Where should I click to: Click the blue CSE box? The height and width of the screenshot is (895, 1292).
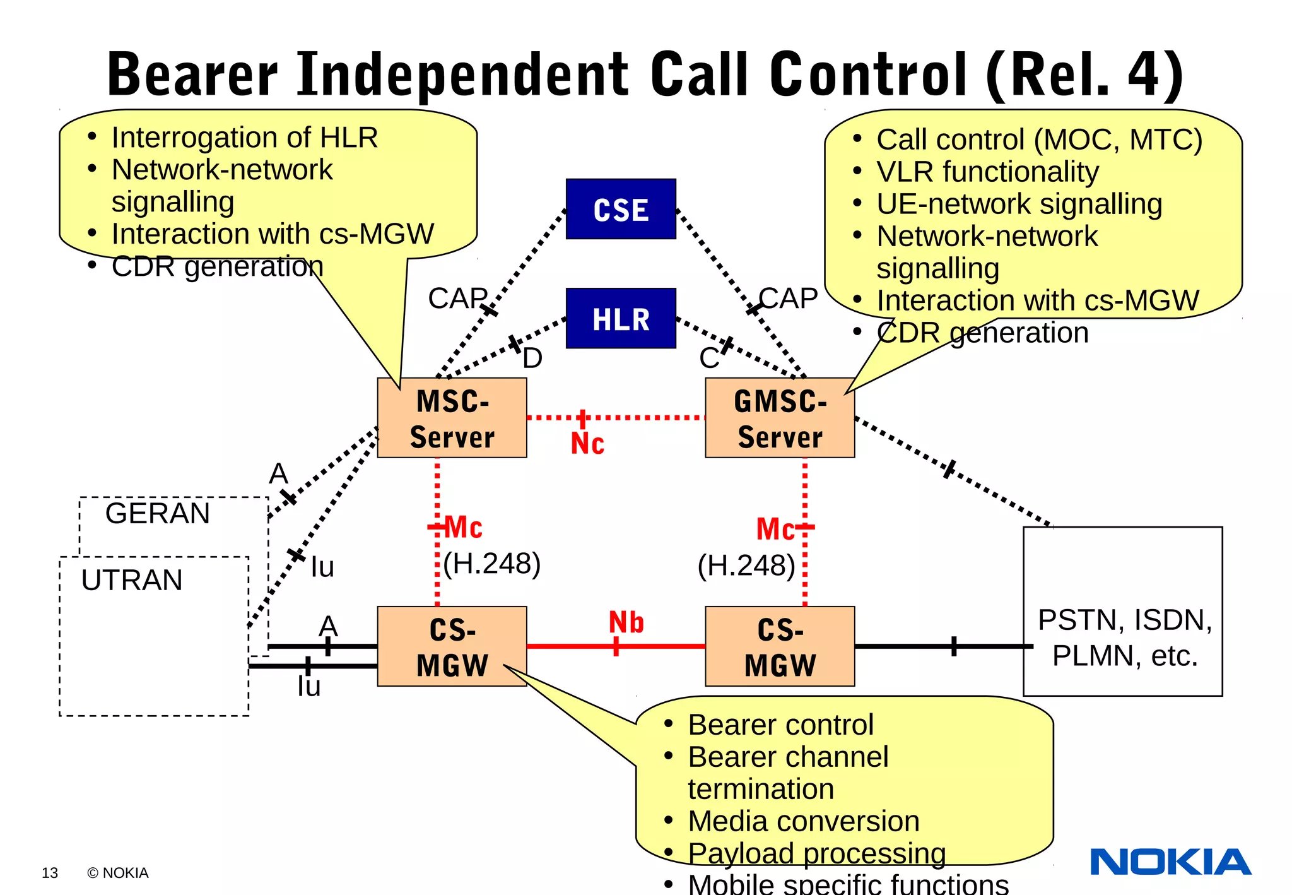tap(621, 209)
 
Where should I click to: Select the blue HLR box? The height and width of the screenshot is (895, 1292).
tap(621, 319)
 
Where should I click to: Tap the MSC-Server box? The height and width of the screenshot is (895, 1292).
tap(452, 418)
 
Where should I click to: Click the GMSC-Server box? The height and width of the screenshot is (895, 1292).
tap(780, 418)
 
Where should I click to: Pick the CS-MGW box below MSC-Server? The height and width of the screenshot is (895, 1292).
tap(452, 646)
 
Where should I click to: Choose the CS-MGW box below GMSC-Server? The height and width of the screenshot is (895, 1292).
tap(780, 646)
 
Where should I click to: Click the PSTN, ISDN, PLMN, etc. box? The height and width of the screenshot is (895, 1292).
tap(1123, 637)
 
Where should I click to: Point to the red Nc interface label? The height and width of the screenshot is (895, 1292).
tap(587, 443)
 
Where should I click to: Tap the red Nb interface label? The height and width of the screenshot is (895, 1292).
tap(626, 622)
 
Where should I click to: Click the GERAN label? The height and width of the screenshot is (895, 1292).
tap(158, 513)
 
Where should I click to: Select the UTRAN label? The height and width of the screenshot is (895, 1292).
tap(132, 580)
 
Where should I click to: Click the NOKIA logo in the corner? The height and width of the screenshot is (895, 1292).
tap(1170, 862)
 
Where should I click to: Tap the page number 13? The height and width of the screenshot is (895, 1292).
tap(50, 873)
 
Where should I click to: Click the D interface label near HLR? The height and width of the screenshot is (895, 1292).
tap(532, 359)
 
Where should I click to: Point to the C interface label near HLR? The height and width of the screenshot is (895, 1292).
tap(708, 359)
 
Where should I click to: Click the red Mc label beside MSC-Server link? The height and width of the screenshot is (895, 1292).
tap(464, 527)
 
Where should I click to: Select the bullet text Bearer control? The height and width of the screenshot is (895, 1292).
tap(780, 725)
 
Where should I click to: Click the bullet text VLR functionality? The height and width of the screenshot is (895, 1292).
tap(987, 172)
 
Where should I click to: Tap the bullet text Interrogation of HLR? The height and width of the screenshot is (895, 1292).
tap(245, 138)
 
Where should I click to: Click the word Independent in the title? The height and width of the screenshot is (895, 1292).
tap(464, 74)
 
